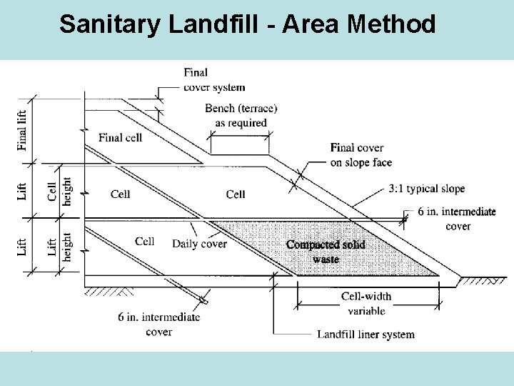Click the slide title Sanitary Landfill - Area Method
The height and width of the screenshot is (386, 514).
coord(247,25)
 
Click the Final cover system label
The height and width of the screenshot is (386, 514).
coord(213,79)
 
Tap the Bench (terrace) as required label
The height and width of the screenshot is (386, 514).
coord(241,115)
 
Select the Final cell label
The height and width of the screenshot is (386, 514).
coord(120,137)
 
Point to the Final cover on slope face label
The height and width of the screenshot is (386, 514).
coord(361,155)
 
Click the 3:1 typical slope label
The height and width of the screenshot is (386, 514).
coord(427,189)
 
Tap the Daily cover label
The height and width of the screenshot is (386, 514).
coord(199,244)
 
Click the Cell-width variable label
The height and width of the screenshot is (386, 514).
coord(366,303)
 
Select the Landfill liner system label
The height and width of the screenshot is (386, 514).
coord(366,334)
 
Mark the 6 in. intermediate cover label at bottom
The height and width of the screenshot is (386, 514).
coord(158,324)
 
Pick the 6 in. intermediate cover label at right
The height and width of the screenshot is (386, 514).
coord(457,219)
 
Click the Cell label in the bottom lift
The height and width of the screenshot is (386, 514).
coord(145,241)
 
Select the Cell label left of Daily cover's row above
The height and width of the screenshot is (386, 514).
coord(121,194)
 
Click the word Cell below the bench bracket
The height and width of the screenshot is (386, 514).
coord(236,194)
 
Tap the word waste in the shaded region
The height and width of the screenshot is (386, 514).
coord(326,259)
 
